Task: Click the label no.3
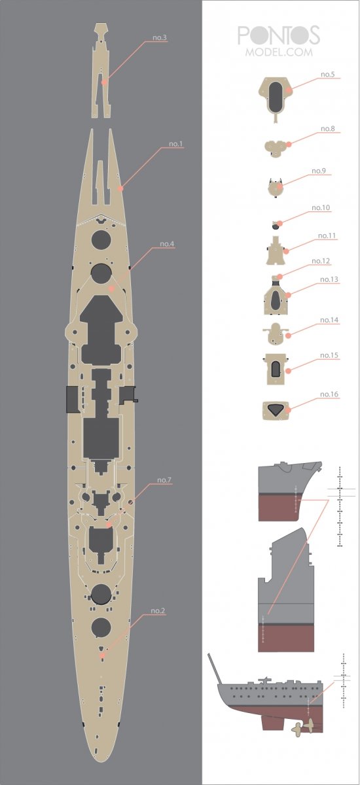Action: pos(160,37)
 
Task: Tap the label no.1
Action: pos(175,144)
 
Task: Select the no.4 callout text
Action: pos(167,244)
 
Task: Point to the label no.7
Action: pos(164,480)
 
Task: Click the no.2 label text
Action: pos(157,610)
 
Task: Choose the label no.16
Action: pos(329,394)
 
